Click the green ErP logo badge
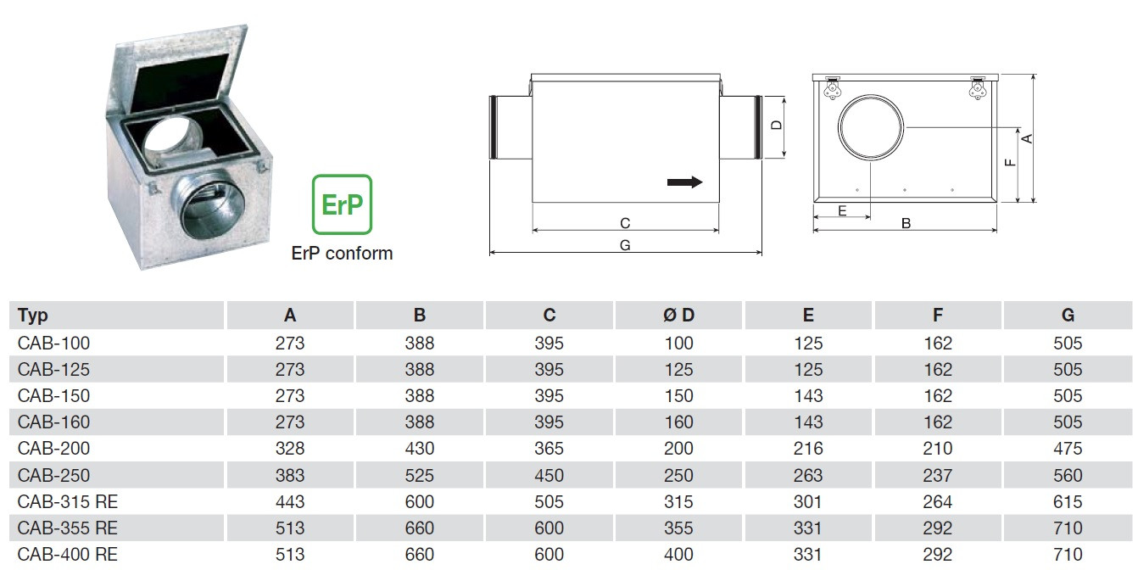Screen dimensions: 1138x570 pos(342,204)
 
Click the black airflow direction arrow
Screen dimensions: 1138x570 pos(685,182)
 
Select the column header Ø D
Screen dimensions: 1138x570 pos(678,315)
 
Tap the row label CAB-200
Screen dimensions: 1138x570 pos(53,449)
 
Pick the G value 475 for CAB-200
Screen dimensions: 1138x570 pos(1068,449)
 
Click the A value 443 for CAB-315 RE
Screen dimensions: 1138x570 pos(289,502)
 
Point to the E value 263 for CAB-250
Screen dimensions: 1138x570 pos(808,476)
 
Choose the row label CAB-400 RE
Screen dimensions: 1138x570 pos(67,554)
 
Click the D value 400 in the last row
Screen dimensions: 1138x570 pos(678,554)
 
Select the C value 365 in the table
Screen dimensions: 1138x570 pos(549,449)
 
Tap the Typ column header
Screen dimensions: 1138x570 pos(32,316)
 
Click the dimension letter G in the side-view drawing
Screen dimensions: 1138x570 pos(625,245)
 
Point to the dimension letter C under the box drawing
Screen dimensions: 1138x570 pos(625,223)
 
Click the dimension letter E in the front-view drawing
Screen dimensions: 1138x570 pos(842,211)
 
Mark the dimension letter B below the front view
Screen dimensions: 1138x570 pos(906,223)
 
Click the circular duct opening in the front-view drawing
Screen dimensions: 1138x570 pos(871,127)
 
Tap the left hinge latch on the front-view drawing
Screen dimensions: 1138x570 pos(832,89)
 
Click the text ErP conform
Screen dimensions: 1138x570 pos(342,253)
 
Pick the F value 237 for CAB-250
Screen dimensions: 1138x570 pos(937,476)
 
